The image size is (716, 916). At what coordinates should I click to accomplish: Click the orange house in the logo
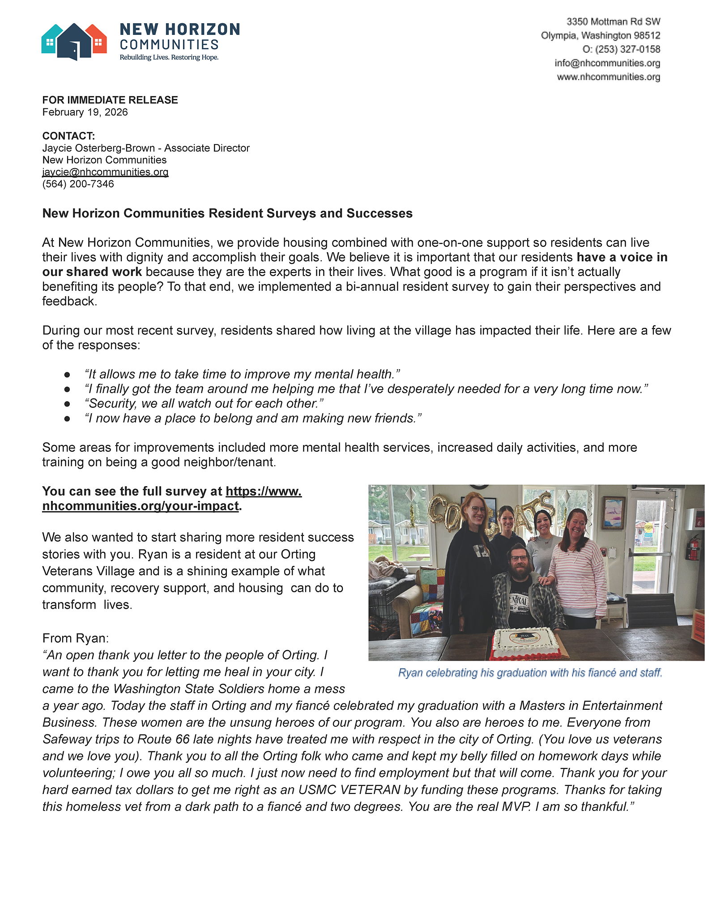click(x=98, y=40)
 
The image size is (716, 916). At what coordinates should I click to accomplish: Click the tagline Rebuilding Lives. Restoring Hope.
click(x=169, y=57)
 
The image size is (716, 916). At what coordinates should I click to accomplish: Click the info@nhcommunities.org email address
click(x=607, y=63)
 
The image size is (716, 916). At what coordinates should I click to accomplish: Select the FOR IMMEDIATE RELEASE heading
click(x=110, y=100)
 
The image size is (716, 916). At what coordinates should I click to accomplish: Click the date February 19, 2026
click(x=85, y=112)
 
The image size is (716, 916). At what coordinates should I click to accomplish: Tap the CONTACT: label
click(x=68, y=136)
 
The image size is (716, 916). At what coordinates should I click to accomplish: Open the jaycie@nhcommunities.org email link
click(x=105, y=172)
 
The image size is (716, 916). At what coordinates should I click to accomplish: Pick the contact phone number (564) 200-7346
click(x=78, y=184)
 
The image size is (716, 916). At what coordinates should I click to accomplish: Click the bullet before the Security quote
click(x=67, y=403)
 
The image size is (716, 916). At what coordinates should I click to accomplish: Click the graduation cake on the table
click(x=526, y=643)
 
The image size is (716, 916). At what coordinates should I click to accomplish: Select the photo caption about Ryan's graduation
click(x=530, y=673)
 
